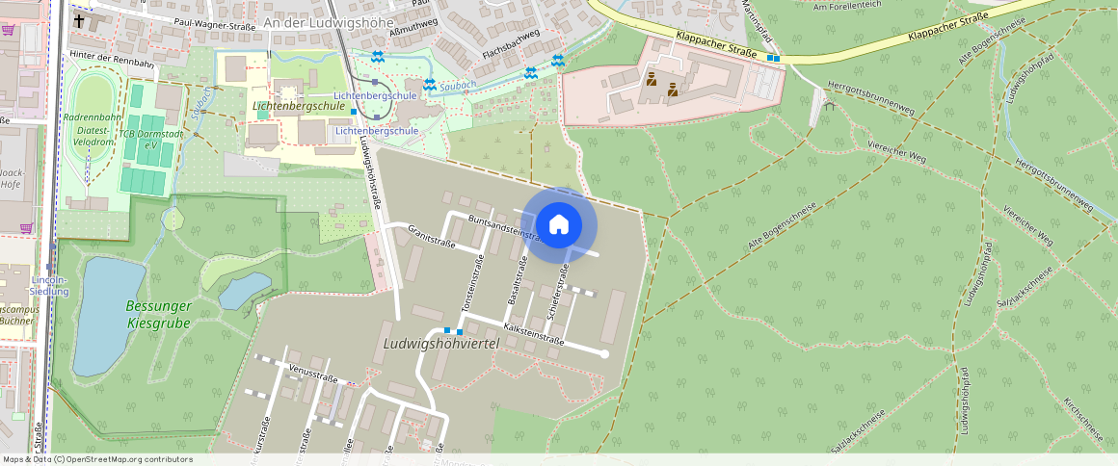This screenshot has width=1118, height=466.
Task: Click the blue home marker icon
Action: [559, 225]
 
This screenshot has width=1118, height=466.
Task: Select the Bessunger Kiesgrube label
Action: [159, 314]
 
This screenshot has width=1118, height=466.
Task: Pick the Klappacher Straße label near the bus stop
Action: [716, 47]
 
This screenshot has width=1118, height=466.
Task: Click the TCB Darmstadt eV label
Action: [138, 139]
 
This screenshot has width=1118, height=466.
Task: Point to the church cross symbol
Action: [78, 19]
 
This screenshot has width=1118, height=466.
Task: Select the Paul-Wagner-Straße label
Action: [214, 26]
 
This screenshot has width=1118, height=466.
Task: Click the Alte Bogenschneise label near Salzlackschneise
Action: [782, 227]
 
